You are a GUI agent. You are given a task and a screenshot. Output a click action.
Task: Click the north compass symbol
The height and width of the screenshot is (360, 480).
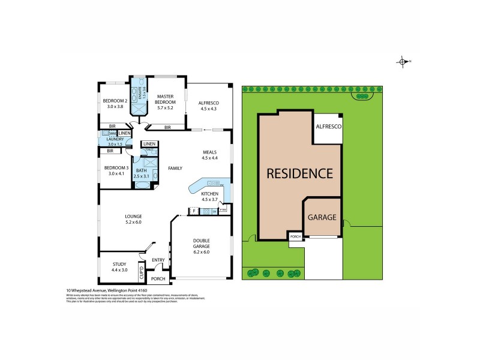point(403,61)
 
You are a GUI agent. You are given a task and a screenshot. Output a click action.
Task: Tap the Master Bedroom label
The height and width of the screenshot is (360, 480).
point(165,103)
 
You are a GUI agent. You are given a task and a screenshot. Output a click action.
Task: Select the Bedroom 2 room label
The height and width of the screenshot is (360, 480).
point(114,103)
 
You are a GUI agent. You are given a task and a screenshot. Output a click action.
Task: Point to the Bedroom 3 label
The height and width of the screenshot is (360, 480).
point(114,170)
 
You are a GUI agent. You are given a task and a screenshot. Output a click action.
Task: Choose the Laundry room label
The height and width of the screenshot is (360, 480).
point(115,142)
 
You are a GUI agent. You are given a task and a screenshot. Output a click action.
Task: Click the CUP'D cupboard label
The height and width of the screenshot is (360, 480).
point(142,272)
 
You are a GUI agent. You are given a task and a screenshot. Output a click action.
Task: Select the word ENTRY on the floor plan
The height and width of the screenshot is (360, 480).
point(158,260)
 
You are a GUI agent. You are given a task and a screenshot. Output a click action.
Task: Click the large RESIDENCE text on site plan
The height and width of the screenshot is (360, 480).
point(299,175)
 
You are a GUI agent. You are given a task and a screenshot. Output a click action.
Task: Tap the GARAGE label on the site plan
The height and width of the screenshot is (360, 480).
point(322,217)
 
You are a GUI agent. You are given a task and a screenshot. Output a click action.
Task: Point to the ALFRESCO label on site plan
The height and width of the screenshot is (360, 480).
point(329,127)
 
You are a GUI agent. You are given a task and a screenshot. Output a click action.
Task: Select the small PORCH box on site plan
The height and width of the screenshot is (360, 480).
point(295,237)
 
